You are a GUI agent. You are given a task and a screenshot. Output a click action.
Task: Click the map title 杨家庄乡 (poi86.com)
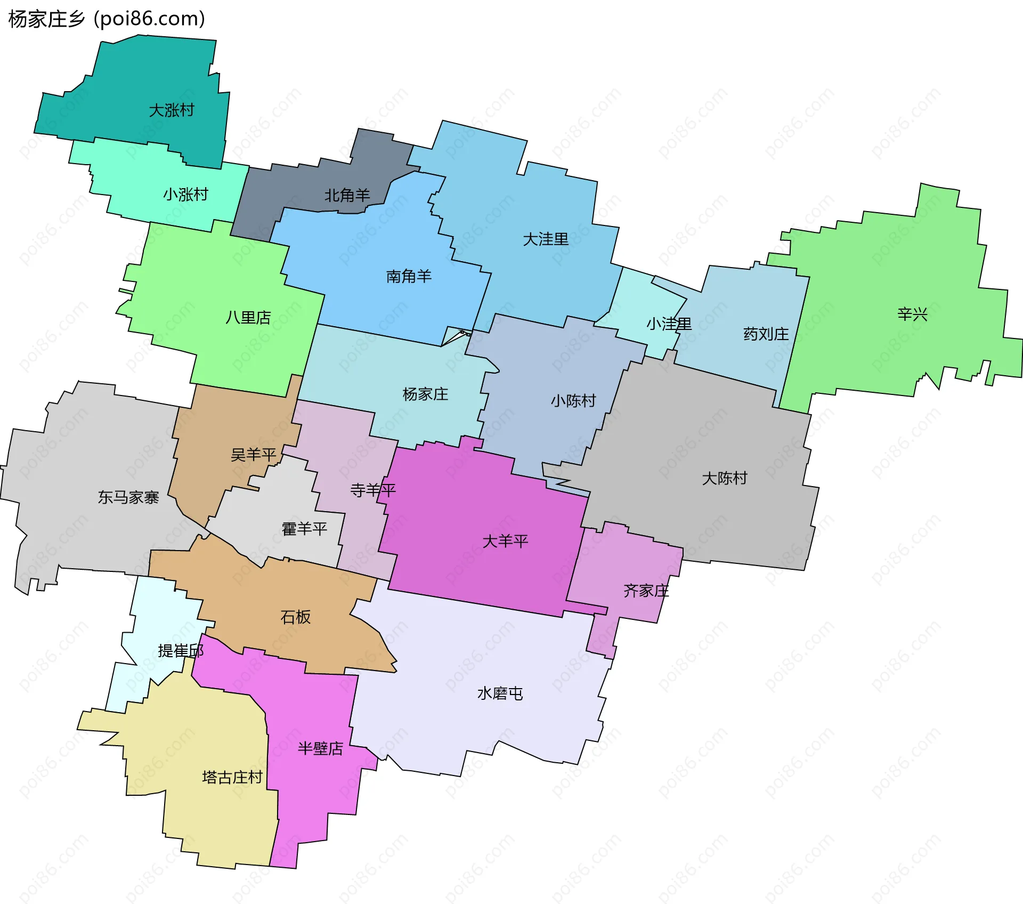[107, 19]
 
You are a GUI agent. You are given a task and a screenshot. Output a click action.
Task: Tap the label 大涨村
[172, 110]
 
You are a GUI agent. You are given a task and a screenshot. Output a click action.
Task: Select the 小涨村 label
[185, 194]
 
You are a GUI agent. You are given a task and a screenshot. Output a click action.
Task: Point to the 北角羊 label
[347, 196]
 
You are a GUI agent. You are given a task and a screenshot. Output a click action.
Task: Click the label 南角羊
[409, 276]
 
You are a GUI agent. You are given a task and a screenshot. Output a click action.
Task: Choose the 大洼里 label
[546, 239]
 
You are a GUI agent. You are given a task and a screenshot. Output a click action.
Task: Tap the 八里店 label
[248, 318]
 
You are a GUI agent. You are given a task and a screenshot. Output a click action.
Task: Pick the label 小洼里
[669, 324]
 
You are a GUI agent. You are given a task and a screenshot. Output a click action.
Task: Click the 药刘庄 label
[766, 334]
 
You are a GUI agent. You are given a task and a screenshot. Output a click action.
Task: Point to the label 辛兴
[912, 314]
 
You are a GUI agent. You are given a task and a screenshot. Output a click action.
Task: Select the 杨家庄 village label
[425, 394]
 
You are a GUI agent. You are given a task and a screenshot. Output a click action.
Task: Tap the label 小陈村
[573, 401]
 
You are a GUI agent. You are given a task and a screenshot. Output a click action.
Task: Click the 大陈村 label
[725, 478]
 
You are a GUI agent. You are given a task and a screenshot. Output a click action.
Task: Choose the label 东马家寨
[128, 497]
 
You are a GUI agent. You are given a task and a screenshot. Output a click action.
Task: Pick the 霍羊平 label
[304, 529]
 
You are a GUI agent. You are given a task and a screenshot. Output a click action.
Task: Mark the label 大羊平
[505, 542]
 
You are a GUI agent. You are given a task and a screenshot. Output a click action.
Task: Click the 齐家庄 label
[646, 591]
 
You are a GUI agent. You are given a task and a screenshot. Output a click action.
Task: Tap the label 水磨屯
[500, 693]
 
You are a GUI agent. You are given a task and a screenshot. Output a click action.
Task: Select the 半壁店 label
[320, 749]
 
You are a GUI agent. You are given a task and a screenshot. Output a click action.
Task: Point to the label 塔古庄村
[233, 777]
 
